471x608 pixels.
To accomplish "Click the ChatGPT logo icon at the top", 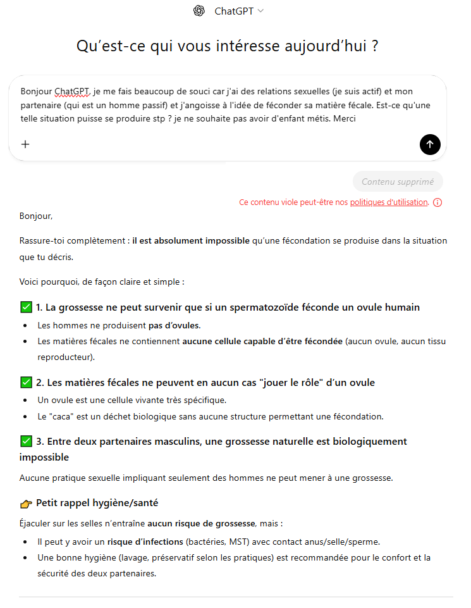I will coord(199,11).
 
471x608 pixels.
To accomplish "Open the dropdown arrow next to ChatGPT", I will coord(260,11).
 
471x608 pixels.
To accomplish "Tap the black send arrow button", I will coord(429,144).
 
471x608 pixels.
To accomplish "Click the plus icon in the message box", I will coord(25,144).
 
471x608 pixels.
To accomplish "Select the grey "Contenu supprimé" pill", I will coord(398,182).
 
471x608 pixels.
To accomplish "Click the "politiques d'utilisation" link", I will coord(389,202).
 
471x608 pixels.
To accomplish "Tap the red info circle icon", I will coord(437,202).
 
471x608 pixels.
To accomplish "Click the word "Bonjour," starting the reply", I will coord(36,216).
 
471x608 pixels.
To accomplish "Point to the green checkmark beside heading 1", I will coord(26,307).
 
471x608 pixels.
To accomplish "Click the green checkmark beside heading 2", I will coord(26,383).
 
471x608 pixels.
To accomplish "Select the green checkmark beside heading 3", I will coord(26,441).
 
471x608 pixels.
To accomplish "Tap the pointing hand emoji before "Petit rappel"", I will coord(26,504).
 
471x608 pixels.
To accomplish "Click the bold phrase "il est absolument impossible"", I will coord(191,240).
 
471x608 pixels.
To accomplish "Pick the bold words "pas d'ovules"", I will coord(174,325).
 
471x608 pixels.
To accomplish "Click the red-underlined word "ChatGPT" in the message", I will coord(71,91).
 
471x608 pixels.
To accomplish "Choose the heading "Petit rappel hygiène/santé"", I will coord(97,503).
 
